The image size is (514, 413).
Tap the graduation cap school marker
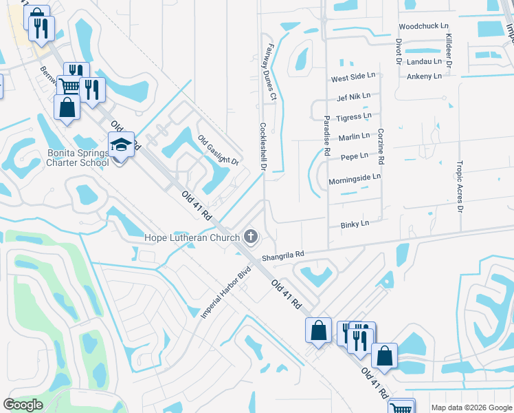click(121, 145)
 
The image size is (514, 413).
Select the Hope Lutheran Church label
click(192, 238)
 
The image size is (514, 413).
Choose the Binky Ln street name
click(355, 224)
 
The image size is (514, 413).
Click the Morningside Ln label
click(354, 178)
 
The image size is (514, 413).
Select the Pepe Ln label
click(354, 157)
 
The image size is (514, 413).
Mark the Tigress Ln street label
click(354, 117)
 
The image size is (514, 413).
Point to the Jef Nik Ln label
click(354, 96)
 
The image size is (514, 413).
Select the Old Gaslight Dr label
click(218, 151)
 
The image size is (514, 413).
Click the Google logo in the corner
click(23, 405)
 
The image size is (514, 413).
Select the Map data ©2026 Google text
click(471, 407)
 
